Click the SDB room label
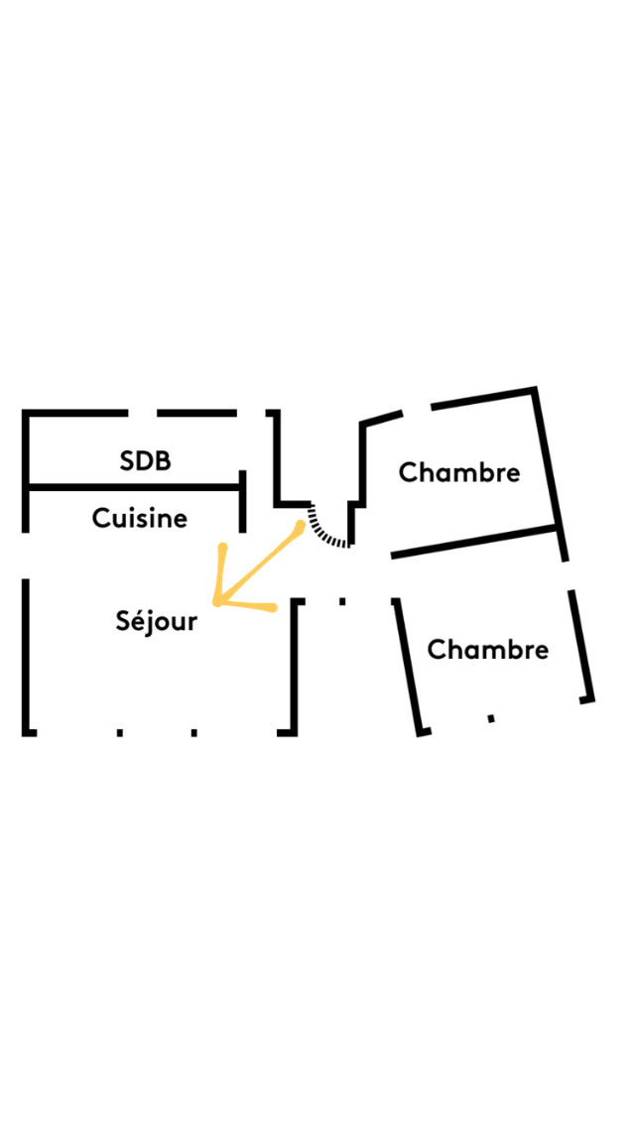click(145, 460)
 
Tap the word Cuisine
click(140, 518)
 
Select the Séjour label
click(156, 621)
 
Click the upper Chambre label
click(459, 473)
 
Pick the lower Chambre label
click(487, 650)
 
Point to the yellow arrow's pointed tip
click(215, 602)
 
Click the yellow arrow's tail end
click(300, 526)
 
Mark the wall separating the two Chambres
click(474, 542)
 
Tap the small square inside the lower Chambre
click(491, 718)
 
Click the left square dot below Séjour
click(120, 732)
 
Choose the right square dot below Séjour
click(194, 732)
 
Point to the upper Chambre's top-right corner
click(534, 390)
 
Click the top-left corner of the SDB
click(25, 414)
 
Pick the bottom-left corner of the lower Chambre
click(421, 732)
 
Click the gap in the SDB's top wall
click(143, 414)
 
